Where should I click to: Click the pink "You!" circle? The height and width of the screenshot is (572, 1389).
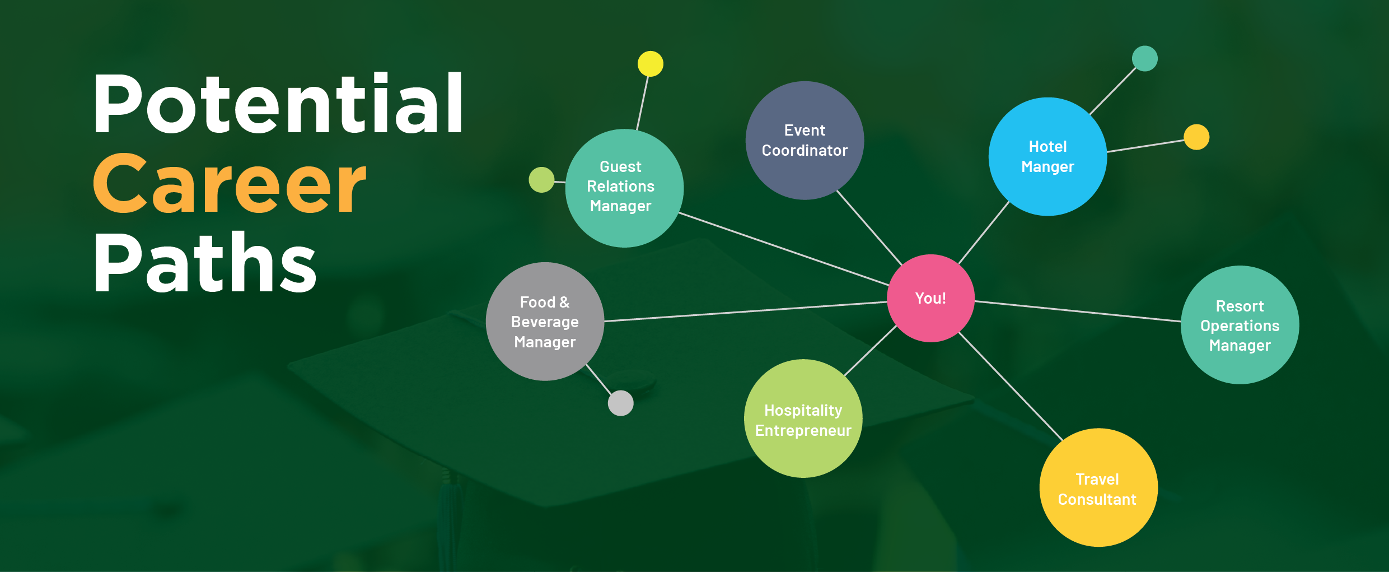(x=930, y=298)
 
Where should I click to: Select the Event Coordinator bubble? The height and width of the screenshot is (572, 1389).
(x=805, y=141)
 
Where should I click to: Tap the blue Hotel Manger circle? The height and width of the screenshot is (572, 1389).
(x=1047, y=156)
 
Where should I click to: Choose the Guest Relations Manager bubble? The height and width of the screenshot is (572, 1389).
(x=624, y=188)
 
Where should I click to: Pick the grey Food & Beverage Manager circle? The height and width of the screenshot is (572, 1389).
(x=545, y=322)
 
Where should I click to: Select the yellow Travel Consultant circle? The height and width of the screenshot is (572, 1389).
(x=1098, y=488)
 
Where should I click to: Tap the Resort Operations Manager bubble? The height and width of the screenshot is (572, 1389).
(x=1240, y=325)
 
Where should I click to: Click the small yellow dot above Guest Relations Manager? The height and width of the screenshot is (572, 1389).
(x=650, y=64)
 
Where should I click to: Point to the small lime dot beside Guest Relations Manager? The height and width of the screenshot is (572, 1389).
(x=541, y=180)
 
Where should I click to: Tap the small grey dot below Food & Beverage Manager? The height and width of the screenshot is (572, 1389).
(x=620, y=403)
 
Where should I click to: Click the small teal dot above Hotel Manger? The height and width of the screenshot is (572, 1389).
(x=1144, y=59)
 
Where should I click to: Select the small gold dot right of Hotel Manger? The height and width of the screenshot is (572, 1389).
(x=1196, y=137)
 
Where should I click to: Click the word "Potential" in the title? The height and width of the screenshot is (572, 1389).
(x=278, y=104)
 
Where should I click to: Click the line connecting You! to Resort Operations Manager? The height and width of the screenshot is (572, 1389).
(x=1078, y=311)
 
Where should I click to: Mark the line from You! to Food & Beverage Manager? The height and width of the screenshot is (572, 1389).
(x=745, y=311)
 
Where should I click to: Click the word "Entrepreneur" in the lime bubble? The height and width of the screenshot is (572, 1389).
(x=803, y=430)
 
